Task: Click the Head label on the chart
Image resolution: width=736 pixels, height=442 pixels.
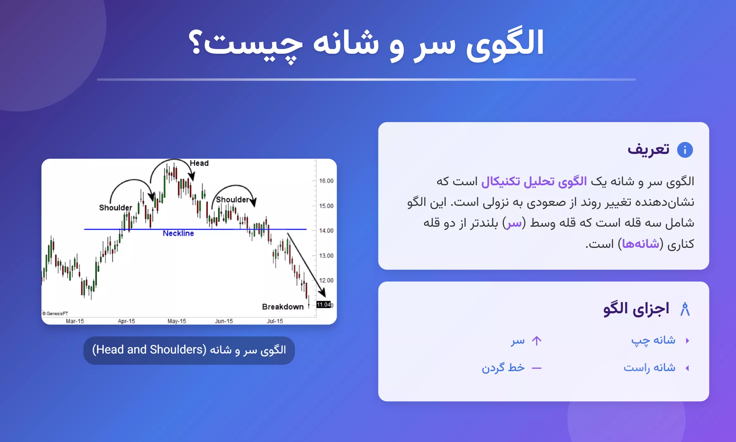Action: tap(199, 163)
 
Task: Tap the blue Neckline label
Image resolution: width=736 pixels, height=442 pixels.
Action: tap(178, 233)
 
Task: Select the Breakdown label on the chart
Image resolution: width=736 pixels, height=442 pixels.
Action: tap(283, 307)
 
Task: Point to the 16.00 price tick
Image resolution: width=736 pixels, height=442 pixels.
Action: tap(326, 181)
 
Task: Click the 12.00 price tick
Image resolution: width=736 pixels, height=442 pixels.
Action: tap(326, 280)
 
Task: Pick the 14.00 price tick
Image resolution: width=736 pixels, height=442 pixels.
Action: tap(326, 231)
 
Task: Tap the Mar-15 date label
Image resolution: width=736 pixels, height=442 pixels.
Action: tap(75, 321)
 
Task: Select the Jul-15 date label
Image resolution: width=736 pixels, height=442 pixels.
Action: tap(275, 321)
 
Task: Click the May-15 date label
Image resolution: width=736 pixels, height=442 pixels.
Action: tap(177, 321)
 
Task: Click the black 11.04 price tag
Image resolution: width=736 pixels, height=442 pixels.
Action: tap(324, 304)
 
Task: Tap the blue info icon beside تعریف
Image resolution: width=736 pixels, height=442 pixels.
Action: tap(685, 150)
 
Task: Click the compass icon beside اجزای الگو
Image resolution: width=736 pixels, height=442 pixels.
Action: tap(685, 309)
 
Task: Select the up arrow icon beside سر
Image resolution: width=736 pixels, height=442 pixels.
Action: tap(537, 341)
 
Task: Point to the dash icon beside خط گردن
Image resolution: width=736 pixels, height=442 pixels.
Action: tap(537, 368)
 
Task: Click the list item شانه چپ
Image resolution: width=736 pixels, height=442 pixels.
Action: tap(653, 341)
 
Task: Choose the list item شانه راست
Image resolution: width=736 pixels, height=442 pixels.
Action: tap(649, 368)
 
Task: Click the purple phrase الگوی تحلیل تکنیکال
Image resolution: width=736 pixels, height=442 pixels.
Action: tap(534, 181)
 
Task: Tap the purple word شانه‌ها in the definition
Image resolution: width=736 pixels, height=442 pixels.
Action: tap(640, 244)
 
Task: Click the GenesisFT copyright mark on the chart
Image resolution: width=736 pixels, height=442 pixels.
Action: tap(55, 314)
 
